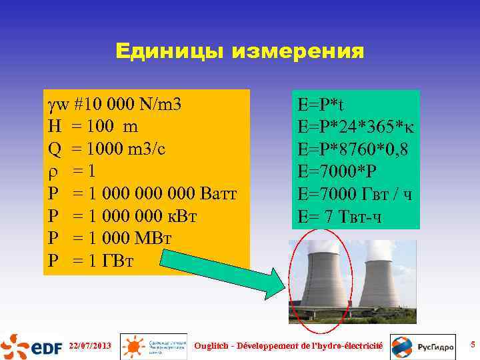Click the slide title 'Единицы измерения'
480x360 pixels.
[239, 51]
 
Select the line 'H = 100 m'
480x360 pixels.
[93, 127]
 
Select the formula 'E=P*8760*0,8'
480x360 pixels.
[353, 151]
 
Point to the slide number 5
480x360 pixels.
[471, 345]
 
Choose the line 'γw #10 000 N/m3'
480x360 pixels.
[113, 105]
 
